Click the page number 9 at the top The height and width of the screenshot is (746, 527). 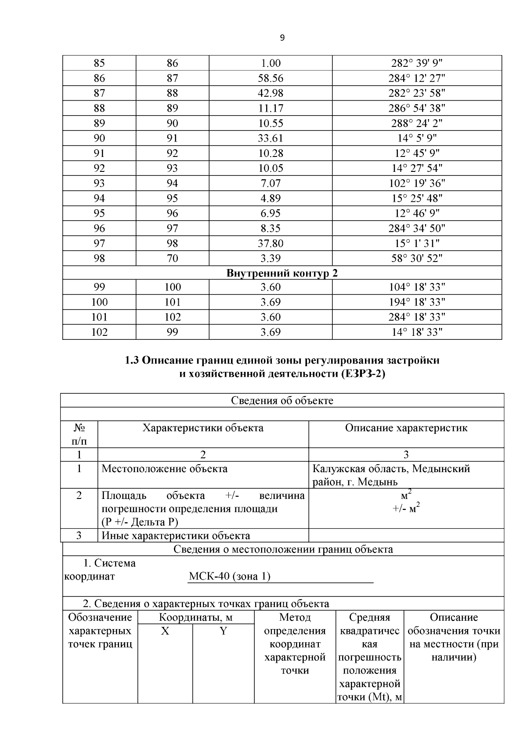[x=282, y=38]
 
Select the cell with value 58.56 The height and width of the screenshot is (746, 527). [x=270, y=79]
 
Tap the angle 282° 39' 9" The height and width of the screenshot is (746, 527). [x=417, y=64]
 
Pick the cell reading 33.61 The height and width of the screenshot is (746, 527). [x=270, y=138]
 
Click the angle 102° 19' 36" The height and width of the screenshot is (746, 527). [x=417, y=183]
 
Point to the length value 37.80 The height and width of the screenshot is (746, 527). [x=270, y=243]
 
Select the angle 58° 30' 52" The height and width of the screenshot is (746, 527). [x=417, y=258]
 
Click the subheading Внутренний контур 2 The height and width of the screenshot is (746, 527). [x=282, y=273]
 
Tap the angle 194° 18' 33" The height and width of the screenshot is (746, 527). [x=417, y=302]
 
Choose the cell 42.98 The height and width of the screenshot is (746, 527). [x=270, y=94]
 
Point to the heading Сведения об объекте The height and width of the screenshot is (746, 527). [x=282, y=400]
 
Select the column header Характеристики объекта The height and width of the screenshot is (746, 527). [x=203, y=428]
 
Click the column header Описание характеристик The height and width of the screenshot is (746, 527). [x=406, y=428]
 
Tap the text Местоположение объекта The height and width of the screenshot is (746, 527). [x=165, y=469]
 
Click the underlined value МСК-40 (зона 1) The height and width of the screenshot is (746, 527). [x=229, y=576]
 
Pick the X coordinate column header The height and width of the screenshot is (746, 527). [x=165, y=631]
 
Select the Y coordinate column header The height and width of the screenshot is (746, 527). [x=223, y=631]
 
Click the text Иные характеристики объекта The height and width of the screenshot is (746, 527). [x=176, y=535]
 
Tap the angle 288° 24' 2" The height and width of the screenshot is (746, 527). [x=417, y=124]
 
